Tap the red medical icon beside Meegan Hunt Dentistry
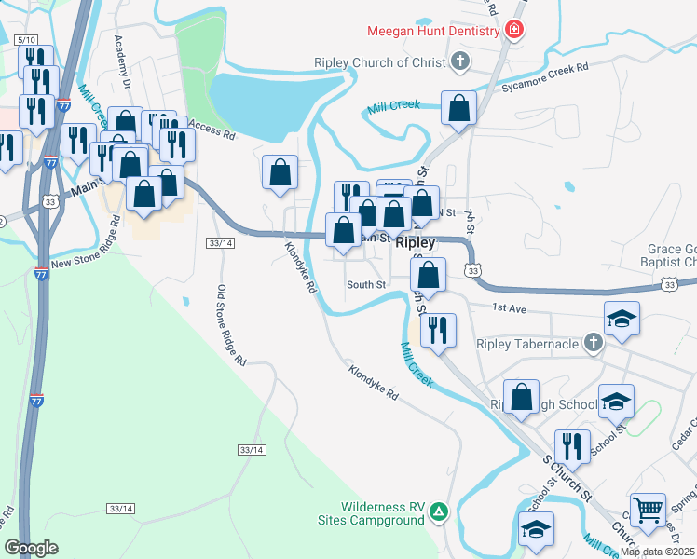pyautogui.click(x=512, y=31)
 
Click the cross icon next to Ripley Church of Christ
pyautogui.click(x=458, y=63)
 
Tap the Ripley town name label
pyautogui.click(x=416, y=242)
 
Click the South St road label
pyautogui.click(x=366, y=284)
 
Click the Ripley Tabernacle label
pyautogui.click(x=527, y=344)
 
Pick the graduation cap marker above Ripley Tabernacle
pyautogui.click(x=622, y=320)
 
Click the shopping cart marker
pyautogui.click(x=648, y=510)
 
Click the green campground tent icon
pyautogui.click(x=439, y=511)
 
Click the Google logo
pyautogui.click(x=31, y=547)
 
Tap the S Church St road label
pyautogui.click(x=567, y=475)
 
